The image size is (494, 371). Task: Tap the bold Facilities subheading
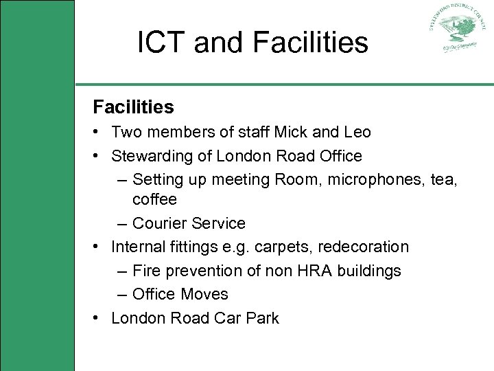click(x=134, y=107)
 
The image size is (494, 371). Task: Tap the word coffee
click(x=154, y=199)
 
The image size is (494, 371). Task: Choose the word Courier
click(x=159, y=223)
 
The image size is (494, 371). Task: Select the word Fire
click(x=145, y=271)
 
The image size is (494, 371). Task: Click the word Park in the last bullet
click(x=263, y=318)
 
